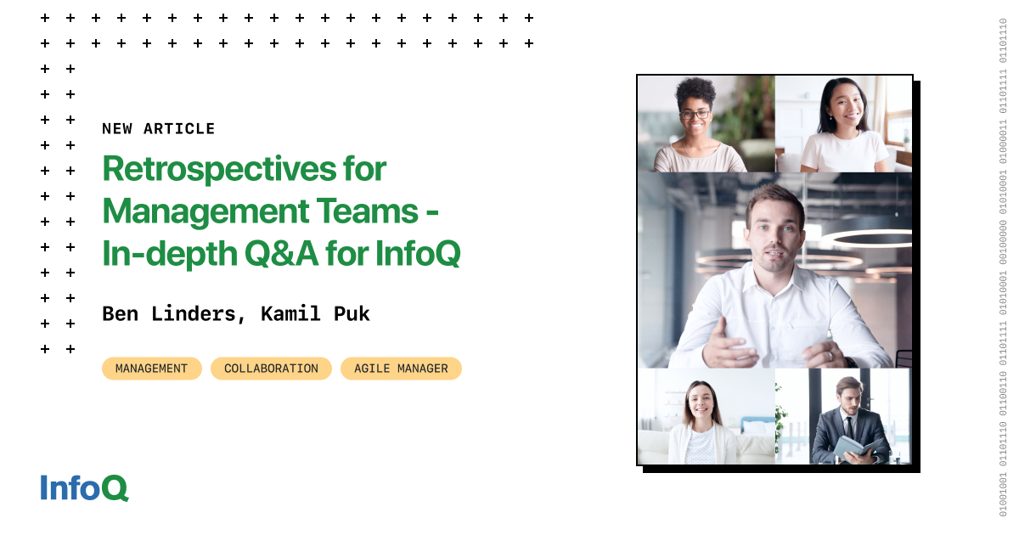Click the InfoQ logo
pyautogui.click(x=84, y=487)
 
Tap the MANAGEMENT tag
pyautogui.click(x=151, y=369)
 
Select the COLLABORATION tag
pyautogui.click(x=271, y=369)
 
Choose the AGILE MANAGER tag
pyautogui.click(x=401, y=369)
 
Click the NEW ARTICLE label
pyautogui.click(x=158, y=129)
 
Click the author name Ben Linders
pyautogui.click(x=169, y=313)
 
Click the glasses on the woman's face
pyautogui.click(x=695, y=113)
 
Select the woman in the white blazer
pyautogui.click(x=702, y=425)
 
